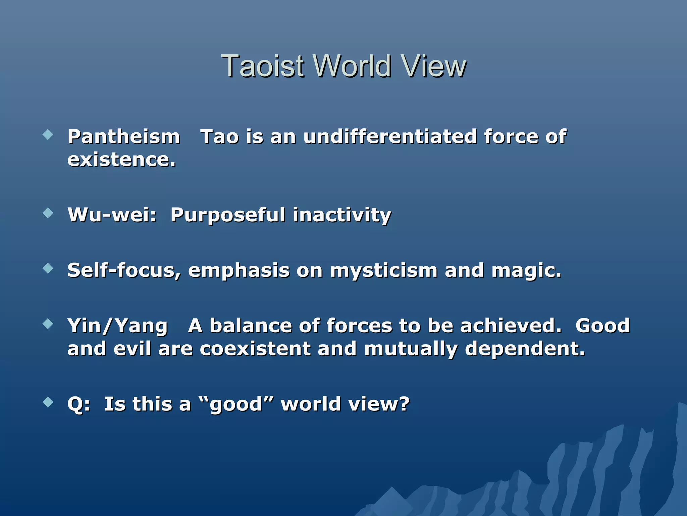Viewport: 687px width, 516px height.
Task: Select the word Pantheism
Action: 124,137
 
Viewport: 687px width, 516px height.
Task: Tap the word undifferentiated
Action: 390,137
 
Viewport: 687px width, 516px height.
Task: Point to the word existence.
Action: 121,160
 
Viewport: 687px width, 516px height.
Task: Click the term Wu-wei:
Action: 112,215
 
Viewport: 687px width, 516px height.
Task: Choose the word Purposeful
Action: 228,215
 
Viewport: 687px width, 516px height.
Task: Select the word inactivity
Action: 342,215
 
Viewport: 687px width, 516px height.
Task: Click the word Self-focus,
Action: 124,270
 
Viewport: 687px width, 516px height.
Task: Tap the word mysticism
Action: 384,271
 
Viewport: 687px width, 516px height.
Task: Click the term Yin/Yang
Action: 117,326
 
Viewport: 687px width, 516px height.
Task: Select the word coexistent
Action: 255,348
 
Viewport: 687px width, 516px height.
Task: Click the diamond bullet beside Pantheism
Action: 48,135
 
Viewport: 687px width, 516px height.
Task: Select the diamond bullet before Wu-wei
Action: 48,213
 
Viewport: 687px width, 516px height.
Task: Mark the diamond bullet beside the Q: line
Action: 48,402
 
